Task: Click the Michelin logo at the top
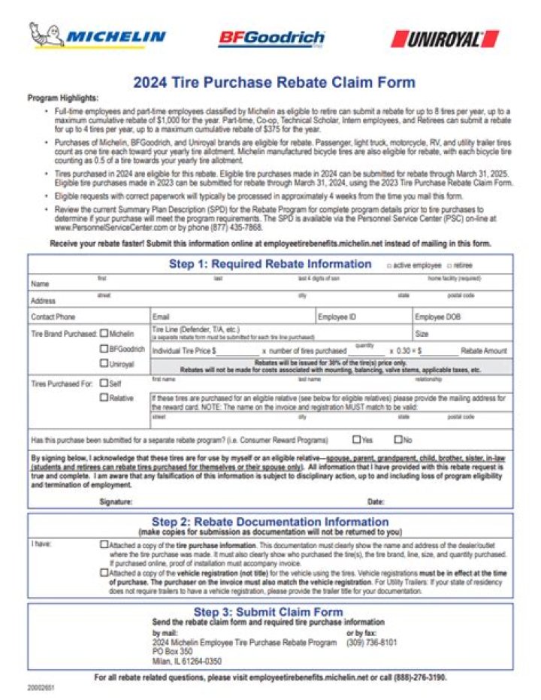(98, 35)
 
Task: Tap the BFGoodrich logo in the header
(271, 38)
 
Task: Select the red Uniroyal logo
(445, 38)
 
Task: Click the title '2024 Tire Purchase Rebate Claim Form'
(274, 83)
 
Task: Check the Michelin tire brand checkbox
(104, 333)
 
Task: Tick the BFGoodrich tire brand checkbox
(104, 349)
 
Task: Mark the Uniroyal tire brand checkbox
(104, 364)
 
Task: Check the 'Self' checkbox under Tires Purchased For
(104, 383)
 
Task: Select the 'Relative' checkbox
(104, 398)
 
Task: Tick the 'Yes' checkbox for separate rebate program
(357, 440)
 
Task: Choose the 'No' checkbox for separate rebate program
(398, 440)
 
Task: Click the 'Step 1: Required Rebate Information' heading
(270, 264)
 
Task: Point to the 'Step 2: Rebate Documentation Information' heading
(270, 522)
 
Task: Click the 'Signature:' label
(116, 501)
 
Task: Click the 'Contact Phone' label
(53, 317)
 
